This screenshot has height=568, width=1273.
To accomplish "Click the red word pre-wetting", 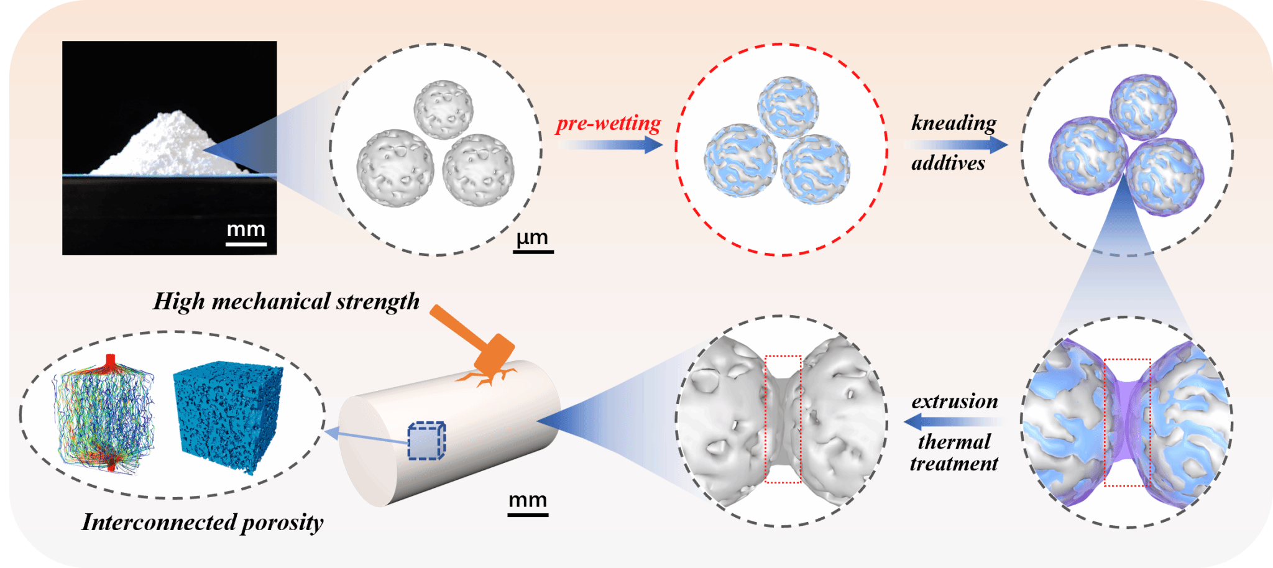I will click(x=608, y=124).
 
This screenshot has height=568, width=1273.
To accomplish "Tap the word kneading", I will click(x=954, y=122).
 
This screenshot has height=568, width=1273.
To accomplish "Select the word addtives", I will click(x=948, y=163).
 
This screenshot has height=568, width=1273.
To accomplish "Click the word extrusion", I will click(x=955, y=401).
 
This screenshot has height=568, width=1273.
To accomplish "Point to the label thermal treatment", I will click(x=954, y=452).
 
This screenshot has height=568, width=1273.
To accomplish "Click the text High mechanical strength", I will click(x=286, y=301).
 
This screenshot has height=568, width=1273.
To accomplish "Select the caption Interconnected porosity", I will click(x=203, y=522).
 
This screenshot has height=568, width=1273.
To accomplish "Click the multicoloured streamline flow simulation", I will click(x=104, y=413).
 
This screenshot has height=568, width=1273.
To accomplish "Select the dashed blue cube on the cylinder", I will click(x=426, y=441).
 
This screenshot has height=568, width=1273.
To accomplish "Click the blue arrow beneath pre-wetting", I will click(x=609, y=145).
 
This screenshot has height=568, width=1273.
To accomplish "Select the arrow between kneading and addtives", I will click(x=956, y=144).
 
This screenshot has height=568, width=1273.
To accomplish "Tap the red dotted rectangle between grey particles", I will click(x=783, y=419).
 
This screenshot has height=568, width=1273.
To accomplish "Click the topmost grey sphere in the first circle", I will click(x=444, y=109).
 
